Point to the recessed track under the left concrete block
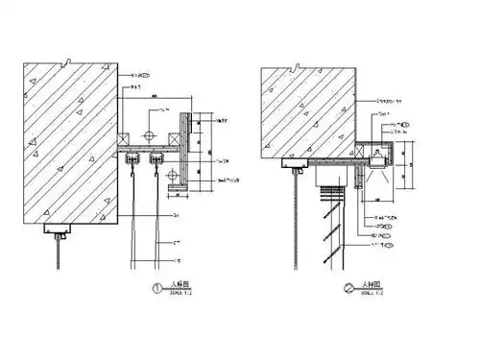click(x=60, y=231)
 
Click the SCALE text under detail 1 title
click(x=180, y=291)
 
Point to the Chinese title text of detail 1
click(x=178, y=284)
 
